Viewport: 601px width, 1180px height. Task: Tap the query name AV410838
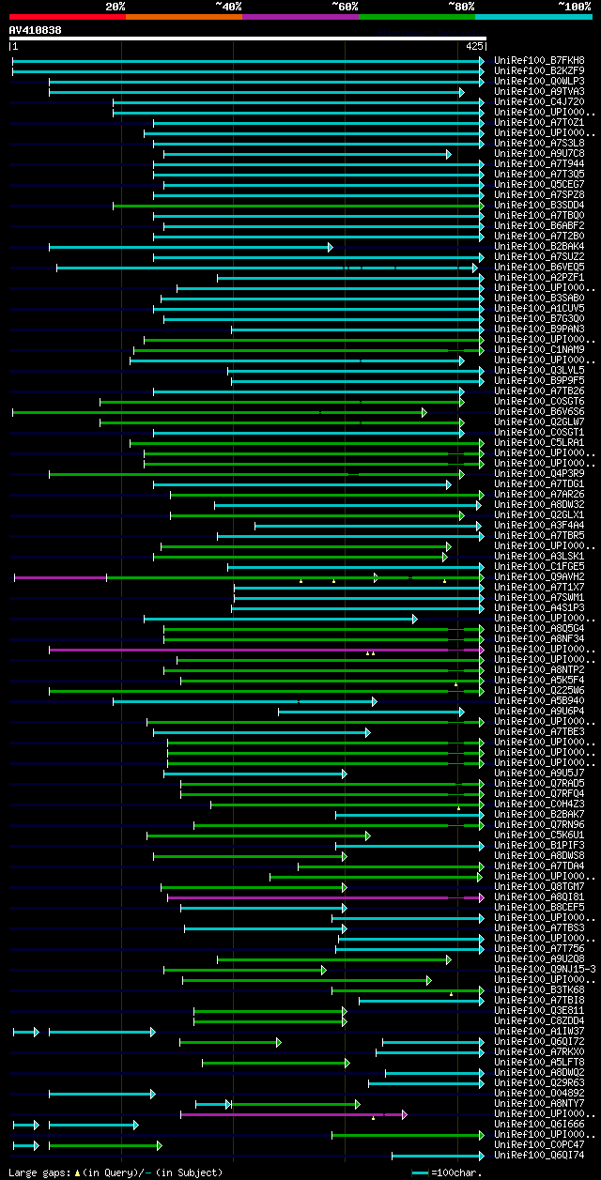[x=36, y=30]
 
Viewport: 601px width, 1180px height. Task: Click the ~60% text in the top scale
[x=345, y=6]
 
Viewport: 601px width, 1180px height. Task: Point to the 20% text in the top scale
[x=116, y=6]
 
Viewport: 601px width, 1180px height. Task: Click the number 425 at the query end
[x=474, y=45]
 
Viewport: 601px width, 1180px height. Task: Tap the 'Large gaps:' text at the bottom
[x=36, y=1172]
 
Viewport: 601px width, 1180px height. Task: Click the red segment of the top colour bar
[x=67, y=16]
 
